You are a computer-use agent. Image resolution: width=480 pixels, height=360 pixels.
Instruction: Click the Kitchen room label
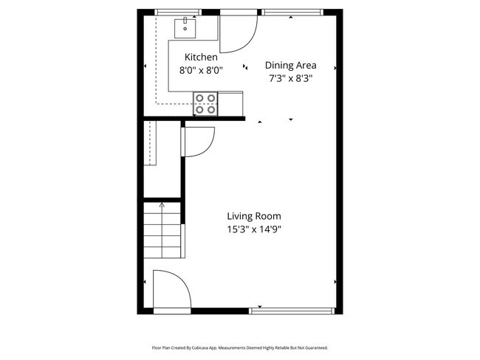[201, 57]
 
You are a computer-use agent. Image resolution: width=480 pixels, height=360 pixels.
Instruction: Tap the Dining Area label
[290, 64]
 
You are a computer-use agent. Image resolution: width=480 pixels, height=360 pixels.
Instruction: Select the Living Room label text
[253, 216]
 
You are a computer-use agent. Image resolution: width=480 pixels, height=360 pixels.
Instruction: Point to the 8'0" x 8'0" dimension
[201, 70]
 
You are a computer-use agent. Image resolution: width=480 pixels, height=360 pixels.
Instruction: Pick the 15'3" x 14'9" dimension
[253, 229]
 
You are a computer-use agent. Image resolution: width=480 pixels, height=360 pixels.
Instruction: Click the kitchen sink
[185, 29]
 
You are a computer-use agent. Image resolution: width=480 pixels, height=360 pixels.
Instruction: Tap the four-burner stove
[206, 103]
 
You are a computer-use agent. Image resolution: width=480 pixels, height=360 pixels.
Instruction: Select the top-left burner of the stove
[200, 97]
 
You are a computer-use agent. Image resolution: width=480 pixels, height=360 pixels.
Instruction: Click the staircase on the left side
[162, 230]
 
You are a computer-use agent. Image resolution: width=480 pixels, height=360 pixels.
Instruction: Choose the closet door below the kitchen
[198, 139]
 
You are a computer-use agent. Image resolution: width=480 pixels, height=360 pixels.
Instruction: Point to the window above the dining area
[292, 12]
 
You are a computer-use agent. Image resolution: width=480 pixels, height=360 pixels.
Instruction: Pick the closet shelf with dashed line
[151, 143]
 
